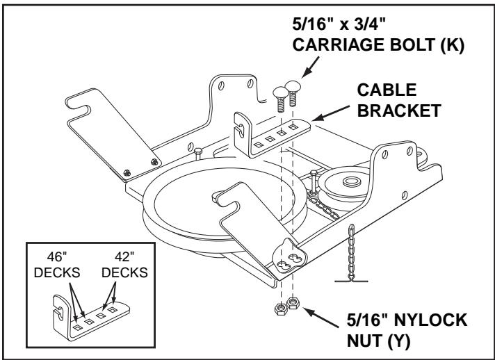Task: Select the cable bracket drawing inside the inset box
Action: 90,313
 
